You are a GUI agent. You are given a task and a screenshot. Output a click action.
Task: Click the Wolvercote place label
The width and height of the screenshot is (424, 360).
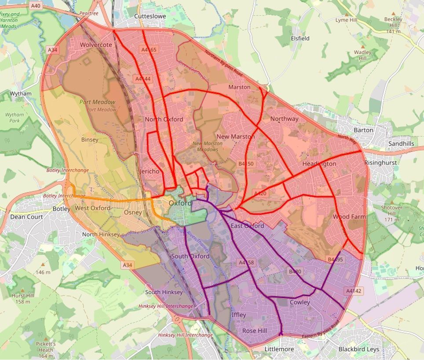96,45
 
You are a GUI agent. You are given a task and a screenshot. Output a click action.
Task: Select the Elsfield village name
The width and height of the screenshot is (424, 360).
300,38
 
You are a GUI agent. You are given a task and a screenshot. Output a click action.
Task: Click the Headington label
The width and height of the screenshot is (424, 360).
319,164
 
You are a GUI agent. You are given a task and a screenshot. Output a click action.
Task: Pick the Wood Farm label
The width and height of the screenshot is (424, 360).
349,217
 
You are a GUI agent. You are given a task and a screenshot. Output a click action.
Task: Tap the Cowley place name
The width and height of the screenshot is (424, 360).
300,302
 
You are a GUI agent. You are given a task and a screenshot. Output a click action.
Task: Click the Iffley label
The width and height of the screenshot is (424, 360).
239,315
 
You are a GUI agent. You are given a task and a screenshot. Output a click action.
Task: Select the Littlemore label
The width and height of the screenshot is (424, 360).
279,349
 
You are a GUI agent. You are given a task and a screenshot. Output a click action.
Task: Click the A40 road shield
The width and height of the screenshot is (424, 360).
36,6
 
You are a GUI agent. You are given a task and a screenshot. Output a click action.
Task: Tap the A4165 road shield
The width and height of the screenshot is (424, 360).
147,50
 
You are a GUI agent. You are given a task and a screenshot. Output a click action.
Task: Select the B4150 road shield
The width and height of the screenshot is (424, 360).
246,164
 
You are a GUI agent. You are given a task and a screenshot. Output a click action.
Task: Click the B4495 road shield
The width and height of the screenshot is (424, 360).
335,260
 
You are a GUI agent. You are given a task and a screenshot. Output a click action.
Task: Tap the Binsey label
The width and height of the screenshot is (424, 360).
90,140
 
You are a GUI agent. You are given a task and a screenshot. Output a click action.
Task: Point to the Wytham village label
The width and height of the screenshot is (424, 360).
20,94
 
